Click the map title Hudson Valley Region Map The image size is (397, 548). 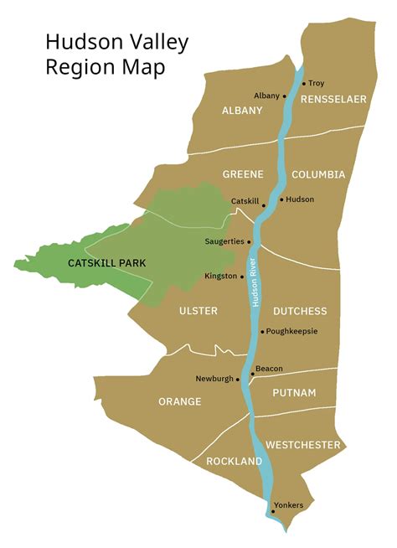[x=116, y=53]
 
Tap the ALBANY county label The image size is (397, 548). [x=242, y=111]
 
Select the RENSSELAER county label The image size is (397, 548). [x=335, y=99]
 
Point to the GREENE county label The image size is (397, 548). [x=243, y=174]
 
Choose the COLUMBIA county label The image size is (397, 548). [x=318, y=174]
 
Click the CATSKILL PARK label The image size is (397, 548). [x=106, y=263]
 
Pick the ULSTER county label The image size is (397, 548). [x=198, y=311]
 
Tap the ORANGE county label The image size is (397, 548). [x=180, y=401]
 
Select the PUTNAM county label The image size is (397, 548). [x=294, y=392]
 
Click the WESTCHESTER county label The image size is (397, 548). [x=303, y=445]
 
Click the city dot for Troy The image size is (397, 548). [x=303, y=84]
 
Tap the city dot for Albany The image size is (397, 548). [x=284, y=96]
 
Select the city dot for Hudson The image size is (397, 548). [x=281, y=200]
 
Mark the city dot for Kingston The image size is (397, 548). [x=242, y=277]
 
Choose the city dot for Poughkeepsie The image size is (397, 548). [x=262, y=332]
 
